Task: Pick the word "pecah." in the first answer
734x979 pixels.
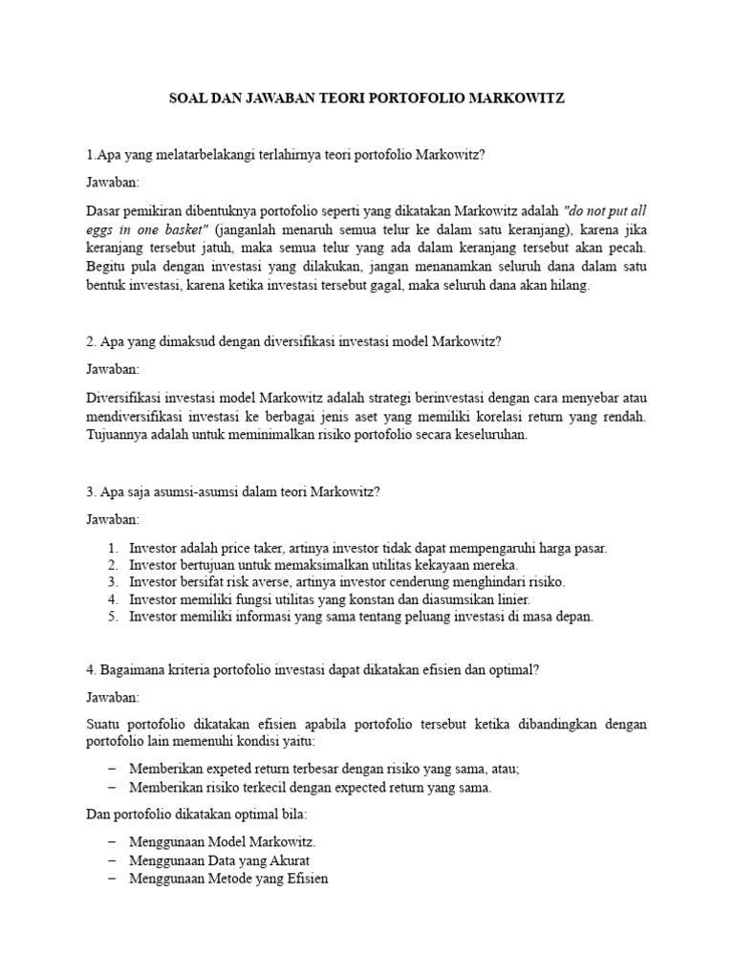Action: (x=627, y=248)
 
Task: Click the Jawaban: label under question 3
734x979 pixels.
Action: (x=113, y=519)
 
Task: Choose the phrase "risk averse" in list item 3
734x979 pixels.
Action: (x=254, y=582)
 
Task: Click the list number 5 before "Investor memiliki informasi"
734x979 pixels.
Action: (x=112, y=617)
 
